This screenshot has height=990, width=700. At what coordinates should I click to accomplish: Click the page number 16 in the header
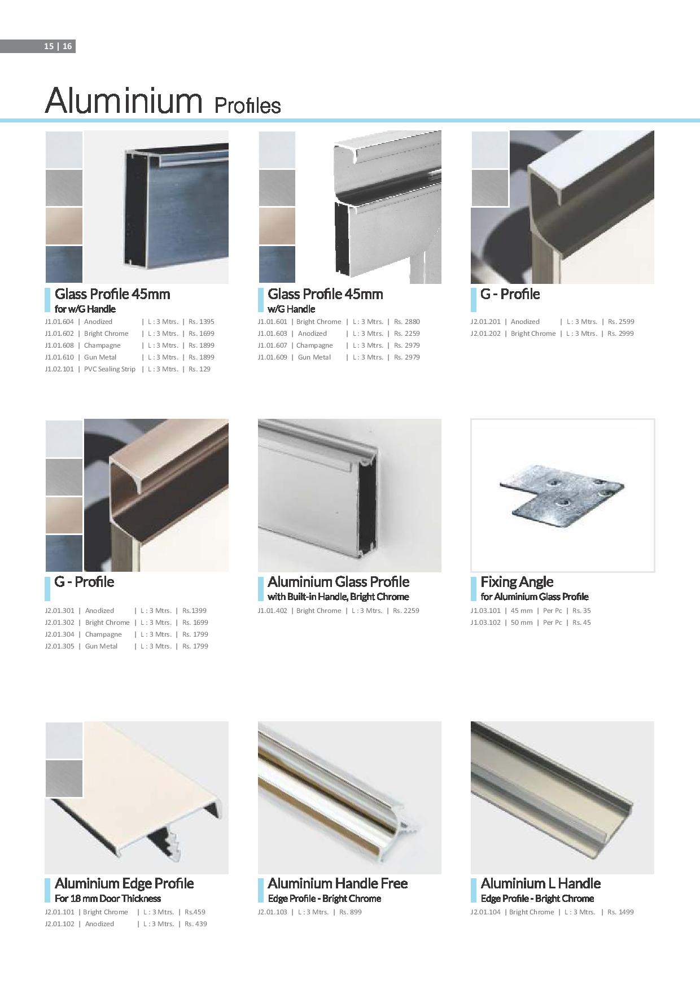67,47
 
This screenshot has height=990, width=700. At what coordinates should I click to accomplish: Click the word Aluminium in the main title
124,100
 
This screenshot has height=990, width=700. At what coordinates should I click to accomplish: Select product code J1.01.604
59,322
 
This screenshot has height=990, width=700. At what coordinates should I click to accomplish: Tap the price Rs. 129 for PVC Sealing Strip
199,369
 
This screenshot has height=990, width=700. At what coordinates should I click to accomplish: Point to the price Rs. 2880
406,322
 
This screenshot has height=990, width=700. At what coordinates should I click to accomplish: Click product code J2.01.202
485,334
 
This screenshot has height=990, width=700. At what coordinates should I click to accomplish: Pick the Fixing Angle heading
517,582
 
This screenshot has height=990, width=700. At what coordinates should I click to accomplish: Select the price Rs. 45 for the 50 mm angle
581,623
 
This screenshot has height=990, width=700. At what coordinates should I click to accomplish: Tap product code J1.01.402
273,611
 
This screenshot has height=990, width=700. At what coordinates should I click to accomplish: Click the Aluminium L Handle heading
540,883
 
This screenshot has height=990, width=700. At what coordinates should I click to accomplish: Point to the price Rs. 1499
620,912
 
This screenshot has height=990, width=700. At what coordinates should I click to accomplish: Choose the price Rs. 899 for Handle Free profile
350,912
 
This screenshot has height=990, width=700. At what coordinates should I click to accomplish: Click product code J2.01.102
59,924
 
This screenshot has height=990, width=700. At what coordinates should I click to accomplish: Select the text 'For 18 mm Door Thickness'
107,899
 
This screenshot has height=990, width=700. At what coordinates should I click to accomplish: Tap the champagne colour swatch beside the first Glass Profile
64,226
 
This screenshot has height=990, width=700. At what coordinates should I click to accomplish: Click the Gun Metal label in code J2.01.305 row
101,646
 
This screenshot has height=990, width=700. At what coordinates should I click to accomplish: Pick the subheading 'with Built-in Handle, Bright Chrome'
338,597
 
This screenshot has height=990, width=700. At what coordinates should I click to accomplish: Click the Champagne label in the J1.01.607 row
314,345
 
